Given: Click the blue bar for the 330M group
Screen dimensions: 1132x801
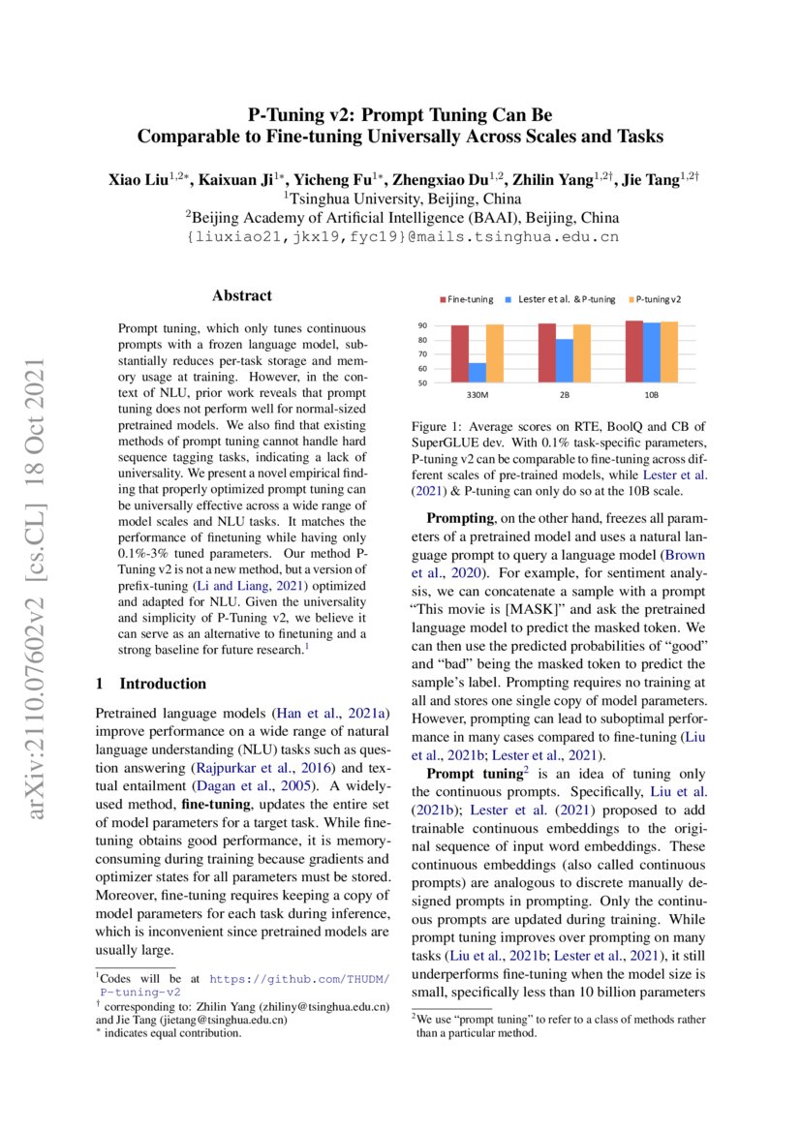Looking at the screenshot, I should (x=477, y=372).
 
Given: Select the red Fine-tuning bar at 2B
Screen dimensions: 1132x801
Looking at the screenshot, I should (x=547, y=353).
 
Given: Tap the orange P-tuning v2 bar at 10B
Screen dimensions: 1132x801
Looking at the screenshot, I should (x=668, y=352).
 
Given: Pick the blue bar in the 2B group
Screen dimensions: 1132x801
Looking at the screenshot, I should (x=564, y=360).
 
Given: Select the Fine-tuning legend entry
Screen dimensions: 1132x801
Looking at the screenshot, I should (x=469, y=299).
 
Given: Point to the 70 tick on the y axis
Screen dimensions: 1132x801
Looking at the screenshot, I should (x=422, y=354).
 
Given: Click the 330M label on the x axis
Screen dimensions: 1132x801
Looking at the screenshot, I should (x=477, y=396).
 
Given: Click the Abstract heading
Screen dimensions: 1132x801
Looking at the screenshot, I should (x=242, y=295).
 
